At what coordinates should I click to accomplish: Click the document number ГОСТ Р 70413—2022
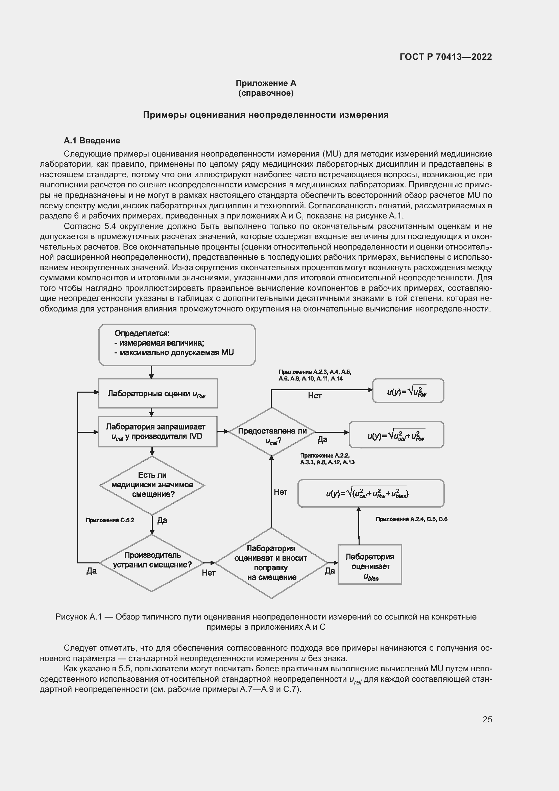pos(445,57)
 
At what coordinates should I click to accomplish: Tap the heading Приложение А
pos(266,83)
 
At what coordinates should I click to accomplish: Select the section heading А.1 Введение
pos(92,141)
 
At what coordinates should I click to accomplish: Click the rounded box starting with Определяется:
pos(177,345)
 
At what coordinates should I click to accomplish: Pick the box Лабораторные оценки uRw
pos(158,393)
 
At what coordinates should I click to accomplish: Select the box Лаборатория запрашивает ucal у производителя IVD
pos(157,432)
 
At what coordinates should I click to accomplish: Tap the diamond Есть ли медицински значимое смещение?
pos(152,485)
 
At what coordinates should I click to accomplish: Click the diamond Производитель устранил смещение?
pos(152,563)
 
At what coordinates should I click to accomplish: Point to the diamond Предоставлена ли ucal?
pos(272,432)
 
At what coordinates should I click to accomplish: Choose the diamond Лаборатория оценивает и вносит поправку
pos(271,563)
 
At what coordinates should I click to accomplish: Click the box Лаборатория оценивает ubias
pos(370,564)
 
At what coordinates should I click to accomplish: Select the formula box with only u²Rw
pos(408,391)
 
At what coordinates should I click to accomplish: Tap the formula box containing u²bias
pos(371,493)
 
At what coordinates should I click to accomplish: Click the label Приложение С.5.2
pos(110,520)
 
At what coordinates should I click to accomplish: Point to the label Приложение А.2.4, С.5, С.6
pos(411,519)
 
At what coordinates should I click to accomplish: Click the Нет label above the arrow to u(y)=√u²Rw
pos(315,396)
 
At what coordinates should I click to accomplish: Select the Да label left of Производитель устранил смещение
pos(91,571)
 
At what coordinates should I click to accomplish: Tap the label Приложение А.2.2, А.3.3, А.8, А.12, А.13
pos(327,459)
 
